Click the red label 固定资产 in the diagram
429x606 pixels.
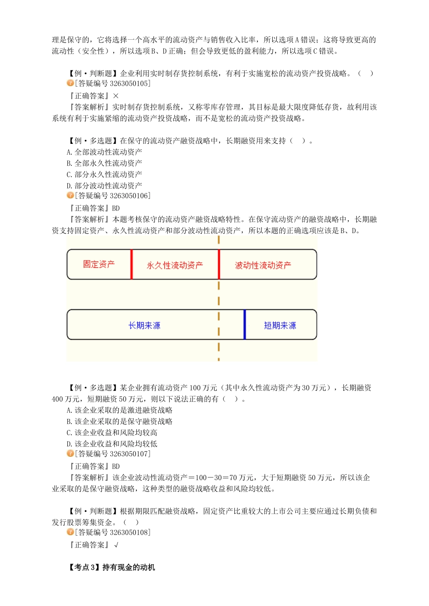[x=98, y=264]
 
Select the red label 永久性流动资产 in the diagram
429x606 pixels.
[x=175, y=266]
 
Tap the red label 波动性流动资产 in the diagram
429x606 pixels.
[x=263, y=266]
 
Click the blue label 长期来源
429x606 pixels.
[x=144, y=326]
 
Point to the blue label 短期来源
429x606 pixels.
[x=280, y=326]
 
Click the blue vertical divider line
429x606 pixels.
[x=245, y=325]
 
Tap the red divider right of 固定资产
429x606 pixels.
[x=131, y=265]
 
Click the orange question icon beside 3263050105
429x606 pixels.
[x=70, y=83]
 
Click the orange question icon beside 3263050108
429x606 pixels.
[x=70, y=532]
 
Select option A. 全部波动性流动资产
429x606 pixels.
[x=104, y=152]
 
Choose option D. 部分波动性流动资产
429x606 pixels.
[x=104, y=186]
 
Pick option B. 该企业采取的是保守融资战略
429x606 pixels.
[x=120, y=422]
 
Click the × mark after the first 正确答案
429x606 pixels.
[x=116, y=96]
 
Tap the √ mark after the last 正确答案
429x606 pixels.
[x=117, y=545]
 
